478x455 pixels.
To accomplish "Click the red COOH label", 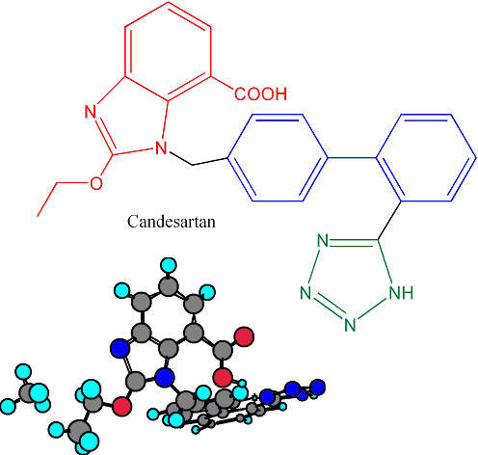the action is click(260, 94).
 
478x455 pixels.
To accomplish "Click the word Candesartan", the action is click(172, 222).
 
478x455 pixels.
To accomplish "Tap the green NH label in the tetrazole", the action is click(401, 293).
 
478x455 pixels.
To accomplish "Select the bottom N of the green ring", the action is click(350, 325).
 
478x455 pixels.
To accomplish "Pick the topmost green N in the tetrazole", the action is click(323, 240).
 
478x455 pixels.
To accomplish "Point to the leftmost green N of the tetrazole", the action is click(305, 293).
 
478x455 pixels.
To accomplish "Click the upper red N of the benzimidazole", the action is click(91, 112).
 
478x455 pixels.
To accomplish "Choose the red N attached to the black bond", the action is click(161, 148).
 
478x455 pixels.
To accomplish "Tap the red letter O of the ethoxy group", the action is click(96, 183).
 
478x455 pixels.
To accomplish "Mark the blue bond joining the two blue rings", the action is click(352, 158).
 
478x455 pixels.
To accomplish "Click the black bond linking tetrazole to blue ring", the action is click(389, 221).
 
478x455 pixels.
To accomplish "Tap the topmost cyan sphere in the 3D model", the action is click(169, 265).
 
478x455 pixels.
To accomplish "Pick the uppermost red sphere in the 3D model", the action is click(244, 336).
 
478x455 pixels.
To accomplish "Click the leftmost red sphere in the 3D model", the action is click(121, 406).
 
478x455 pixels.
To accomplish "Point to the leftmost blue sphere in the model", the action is click(119, 348).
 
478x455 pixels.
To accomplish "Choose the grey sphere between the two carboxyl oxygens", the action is click(223, 351).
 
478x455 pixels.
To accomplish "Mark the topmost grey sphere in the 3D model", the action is click(169, 286).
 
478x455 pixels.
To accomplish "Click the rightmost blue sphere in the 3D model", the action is click(318, 387).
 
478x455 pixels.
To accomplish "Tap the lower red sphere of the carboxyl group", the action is click(223, 377).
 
